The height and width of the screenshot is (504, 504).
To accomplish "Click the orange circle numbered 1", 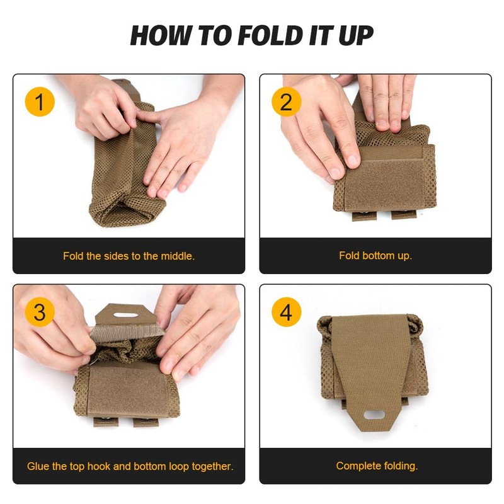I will click(40, 102).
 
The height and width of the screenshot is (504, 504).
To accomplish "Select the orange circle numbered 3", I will click(40, 312).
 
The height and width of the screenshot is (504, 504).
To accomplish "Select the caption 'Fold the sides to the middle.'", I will click(129, 256).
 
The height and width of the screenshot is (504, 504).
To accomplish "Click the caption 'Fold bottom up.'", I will click(375, 256).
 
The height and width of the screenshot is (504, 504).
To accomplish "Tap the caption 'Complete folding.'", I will click(377, 466).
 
